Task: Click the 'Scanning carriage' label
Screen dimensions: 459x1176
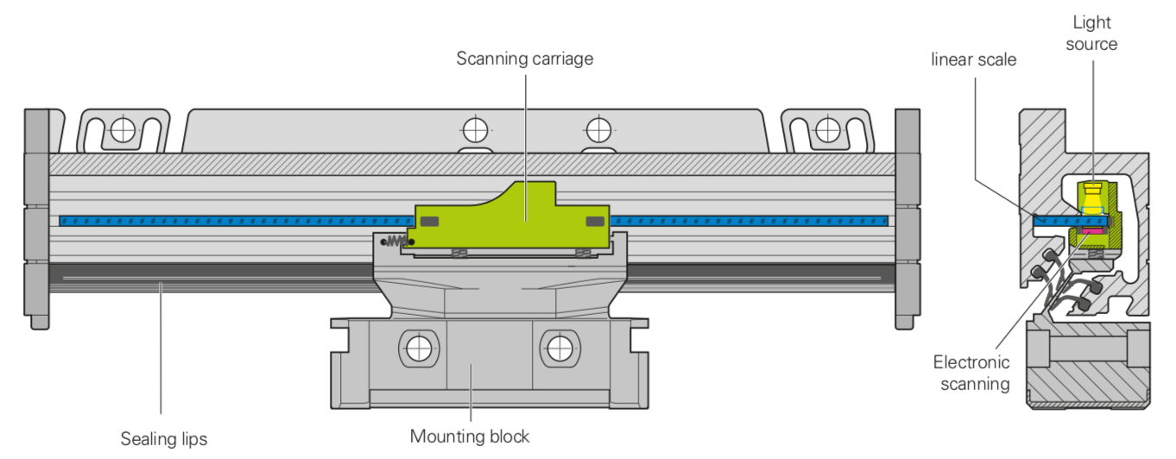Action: pyautogui.click(x=525, y=59)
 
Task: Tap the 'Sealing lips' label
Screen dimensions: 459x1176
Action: pyautogui.click(x=164, y=438)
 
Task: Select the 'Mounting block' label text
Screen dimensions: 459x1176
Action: pyautogui.click(x=470, y=436)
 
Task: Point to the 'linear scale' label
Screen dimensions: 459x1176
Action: pyautogui.click(x=974, y=60)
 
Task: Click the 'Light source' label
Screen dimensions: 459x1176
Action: pyautogui.click(x=1091, y=33)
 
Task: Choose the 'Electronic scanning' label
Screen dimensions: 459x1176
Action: pyautogui.click(x=971, y=373)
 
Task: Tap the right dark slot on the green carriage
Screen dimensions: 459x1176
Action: pyautogui.click(x=595, y=222)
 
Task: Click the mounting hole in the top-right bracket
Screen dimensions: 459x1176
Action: pyautogui.click(x=827, y=129)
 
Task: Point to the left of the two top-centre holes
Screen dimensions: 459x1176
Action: pyautogui.click(x=474, y=130)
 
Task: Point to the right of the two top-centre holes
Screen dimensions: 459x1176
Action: pyautogui.click(x=597, y=130)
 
